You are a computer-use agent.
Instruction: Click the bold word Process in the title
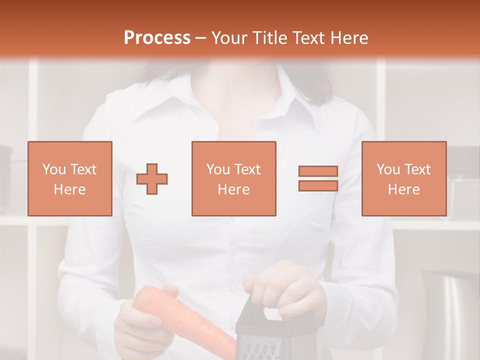point(157,38)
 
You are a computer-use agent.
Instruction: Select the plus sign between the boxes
point(152,179)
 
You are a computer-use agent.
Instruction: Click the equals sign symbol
point(318,178)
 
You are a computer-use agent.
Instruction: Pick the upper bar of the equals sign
point(318,171)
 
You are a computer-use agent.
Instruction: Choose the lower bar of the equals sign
point(318,186)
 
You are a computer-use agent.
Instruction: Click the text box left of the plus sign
point(69,179)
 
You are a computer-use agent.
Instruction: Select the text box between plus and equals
point(233,179)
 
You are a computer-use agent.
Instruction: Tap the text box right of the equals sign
point(403,179)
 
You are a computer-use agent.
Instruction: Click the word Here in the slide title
point(348,38)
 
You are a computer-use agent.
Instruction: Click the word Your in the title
point(229,38)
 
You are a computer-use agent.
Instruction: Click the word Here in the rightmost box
point(403,189)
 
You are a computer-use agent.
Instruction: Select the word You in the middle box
point(218,169)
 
